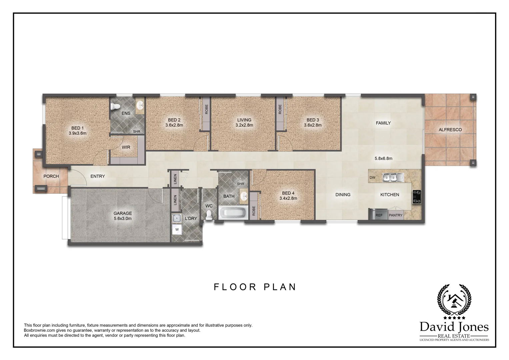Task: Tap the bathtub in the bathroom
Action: point(233,213)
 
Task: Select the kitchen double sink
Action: point(392,177)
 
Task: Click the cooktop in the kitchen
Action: point(416,196)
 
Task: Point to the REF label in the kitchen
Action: point(379,215)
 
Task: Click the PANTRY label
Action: point(396,215)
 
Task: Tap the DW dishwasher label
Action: point(372,178)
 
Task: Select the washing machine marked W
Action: point(177,229)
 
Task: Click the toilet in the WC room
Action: point(209,215)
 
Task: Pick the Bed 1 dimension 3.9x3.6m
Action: point(77,133)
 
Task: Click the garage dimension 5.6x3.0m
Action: point(123,219)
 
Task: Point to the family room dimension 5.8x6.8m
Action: point(383,159)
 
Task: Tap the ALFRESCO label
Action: point(450,130)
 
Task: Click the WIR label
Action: point(126,147)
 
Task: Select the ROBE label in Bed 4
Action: point(254,211)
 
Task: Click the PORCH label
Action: point(51,176)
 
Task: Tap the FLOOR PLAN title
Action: point(255,287)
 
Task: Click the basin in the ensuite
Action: point(140,105)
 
